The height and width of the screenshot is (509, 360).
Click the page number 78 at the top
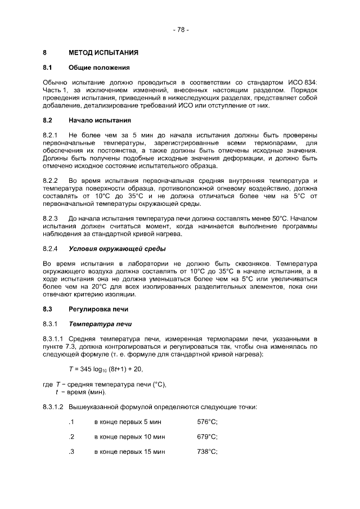(181, 29)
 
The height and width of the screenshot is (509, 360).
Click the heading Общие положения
(99, 68)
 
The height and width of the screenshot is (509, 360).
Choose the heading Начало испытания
(100, 120)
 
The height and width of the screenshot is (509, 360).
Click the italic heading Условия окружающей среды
(117, 249)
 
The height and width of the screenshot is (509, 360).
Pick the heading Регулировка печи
(98, 309)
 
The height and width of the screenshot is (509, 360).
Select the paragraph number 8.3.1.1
(54, 339)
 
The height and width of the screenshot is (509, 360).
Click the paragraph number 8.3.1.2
(54, 407)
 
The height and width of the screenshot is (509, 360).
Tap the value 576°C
(207, 422)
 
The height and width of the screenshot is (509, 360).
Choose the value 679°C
(207, 437)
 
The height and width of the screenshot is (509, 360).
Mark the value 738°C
(207, 452)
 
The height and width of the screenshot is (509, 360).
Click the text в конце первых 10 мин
(129, 437)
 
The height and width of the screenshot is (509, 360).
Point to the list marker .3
(71, 452)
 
